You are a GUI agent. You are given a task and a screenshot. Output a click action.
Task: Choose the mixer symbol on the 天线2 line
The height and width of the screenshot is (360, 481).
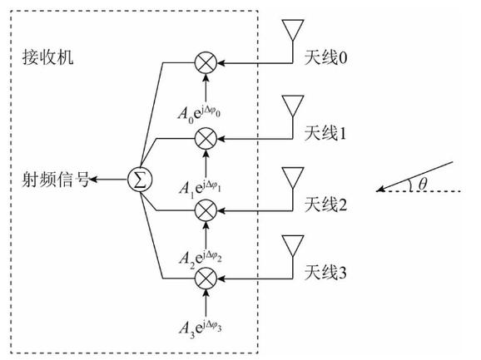coord(204,210)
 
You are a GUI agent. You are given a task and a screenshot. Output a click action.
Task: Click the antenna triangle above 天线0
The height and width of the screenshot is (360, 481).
coord(292,29)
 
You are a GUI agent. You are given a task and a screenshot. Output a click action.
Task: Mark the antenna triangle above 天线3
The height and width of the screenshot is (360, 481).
coord(292,247)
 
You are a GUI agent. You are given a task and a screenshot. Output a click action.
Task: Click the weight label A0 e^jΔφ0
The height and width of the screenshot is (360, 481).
coord(203,111)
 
